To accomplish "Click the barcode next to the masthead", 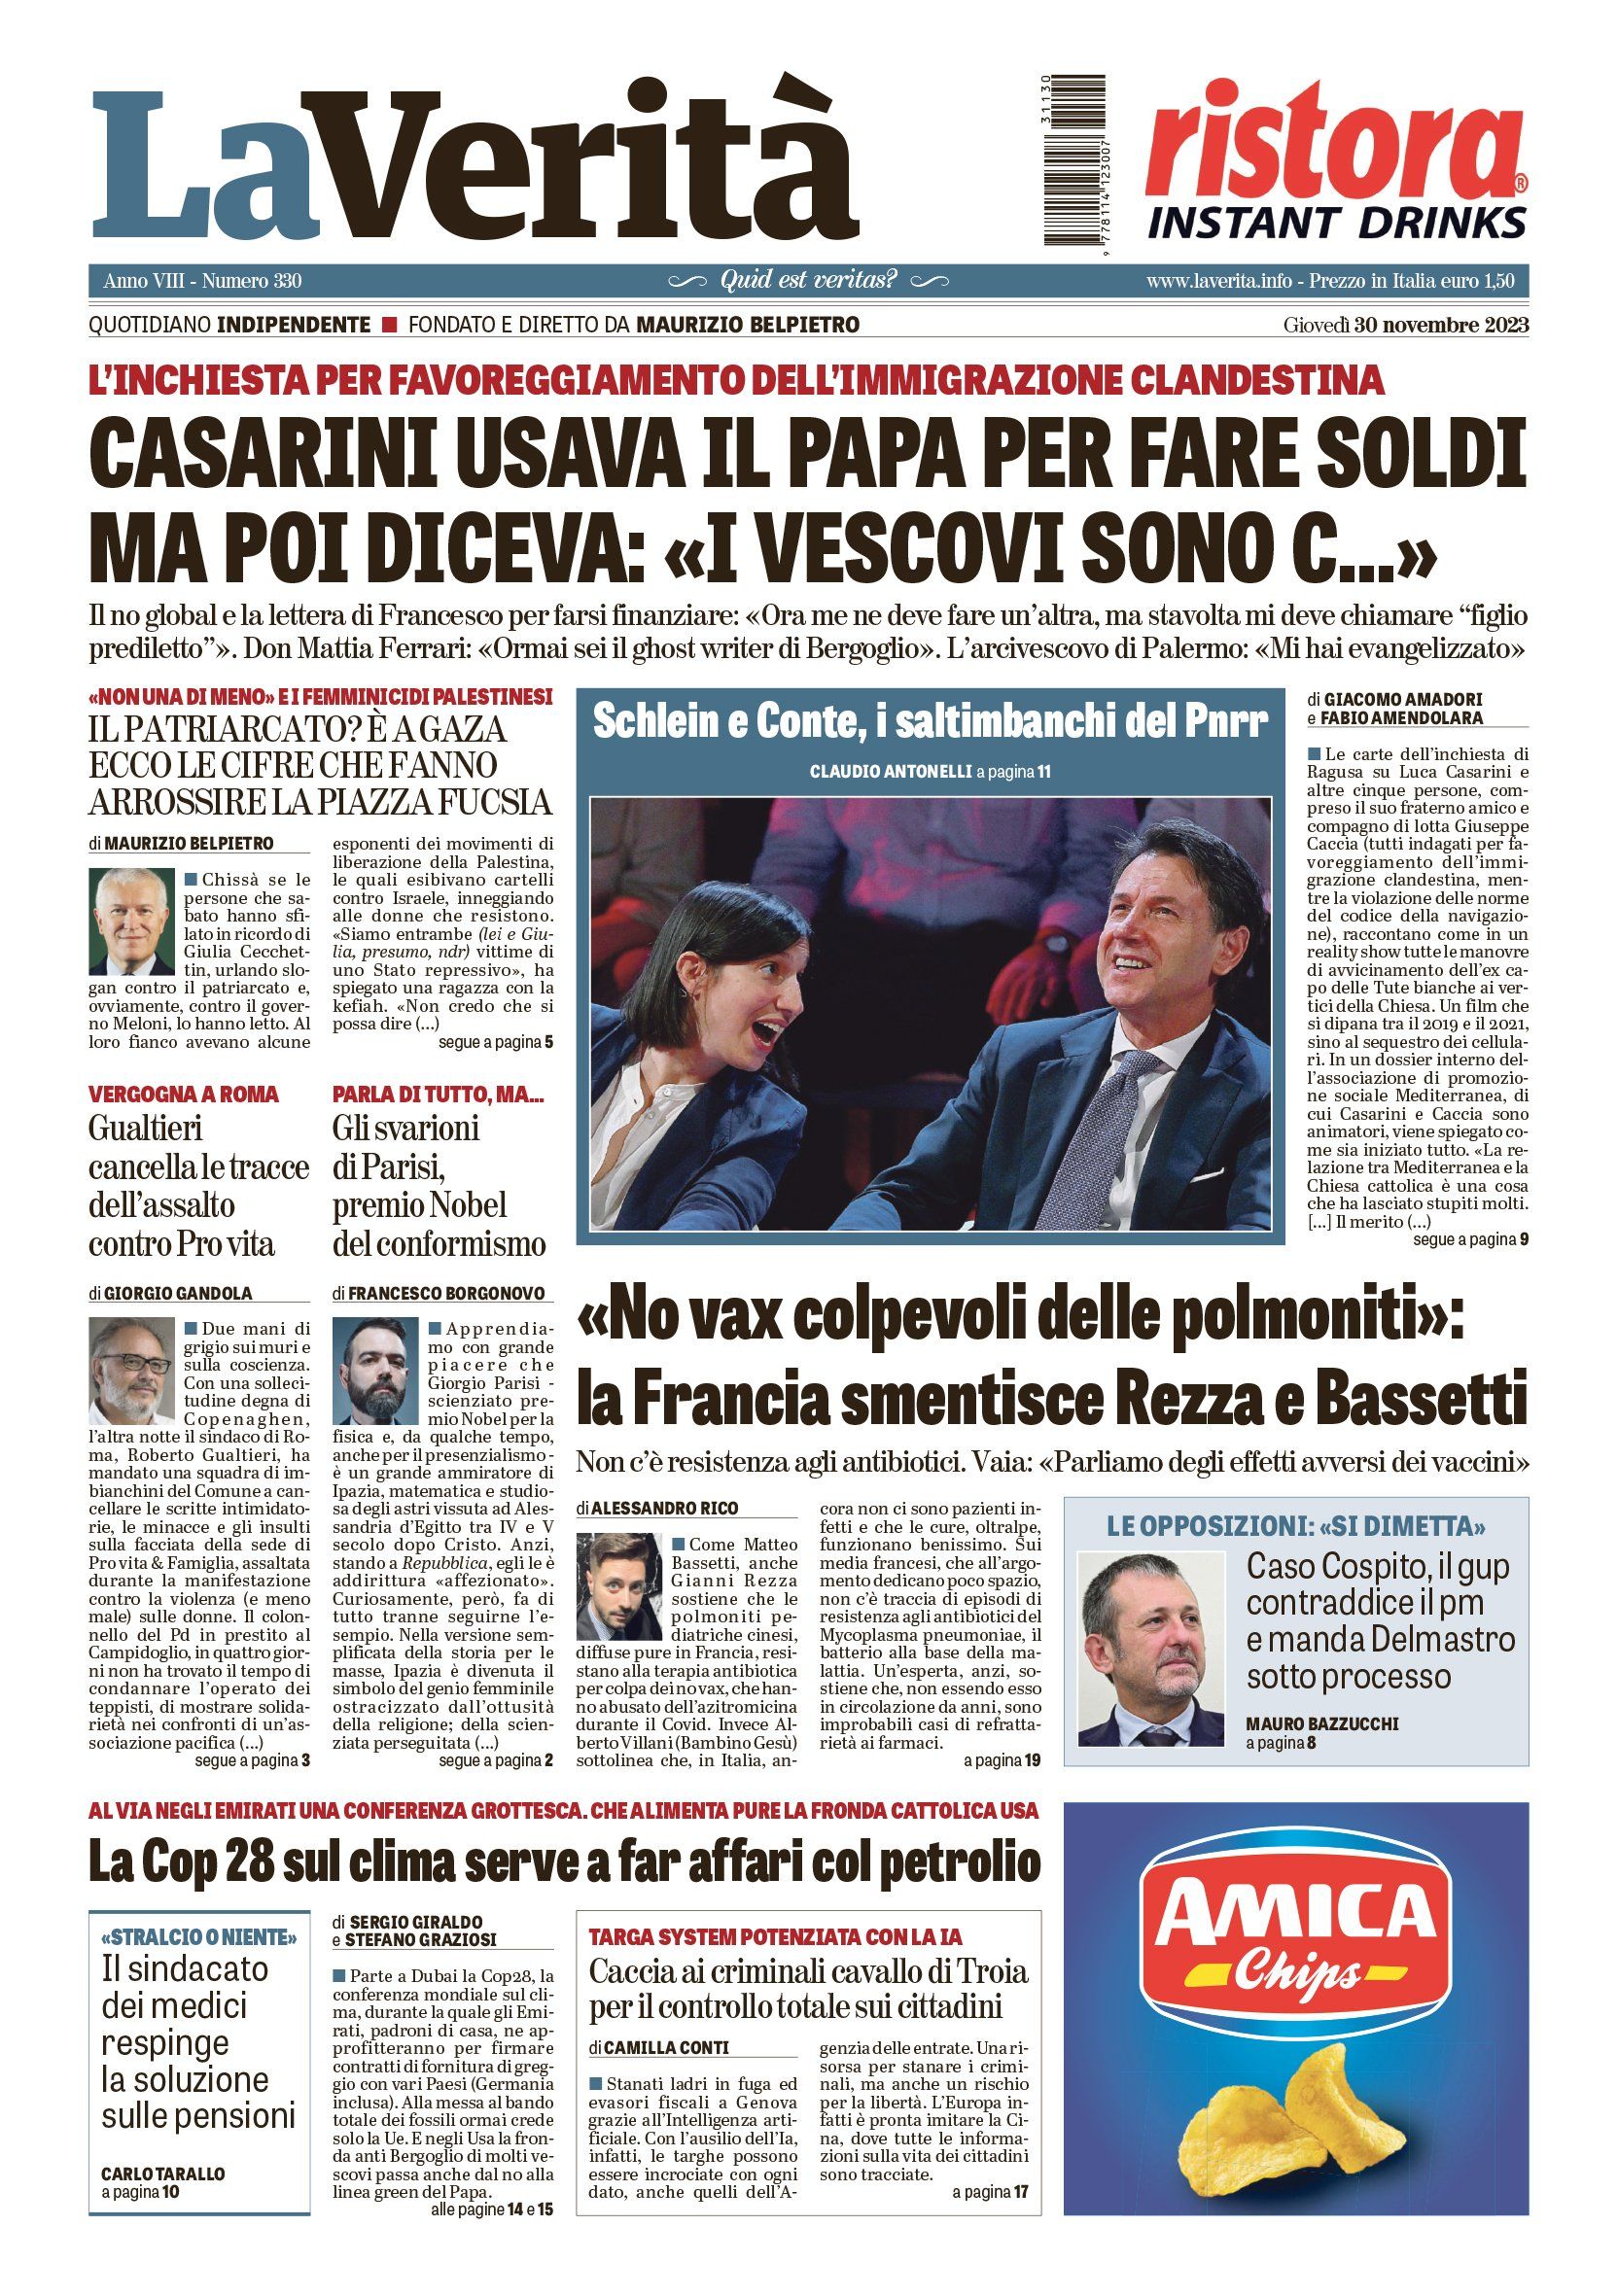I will (1074, 160).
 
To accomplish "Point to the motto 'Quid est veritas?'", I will (808, 280).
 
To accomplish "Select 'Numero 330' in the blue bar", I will (252, 281).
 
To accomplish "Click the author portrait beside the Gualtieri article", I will (131, 1369).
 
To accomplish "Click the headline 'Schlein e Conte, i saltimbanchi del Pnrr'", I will (930, 722).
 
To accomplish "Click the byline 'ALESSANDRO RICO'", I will (665, 1508).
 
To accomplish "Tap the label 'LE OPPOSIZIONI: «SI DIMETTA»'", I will (1295, 1526).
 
